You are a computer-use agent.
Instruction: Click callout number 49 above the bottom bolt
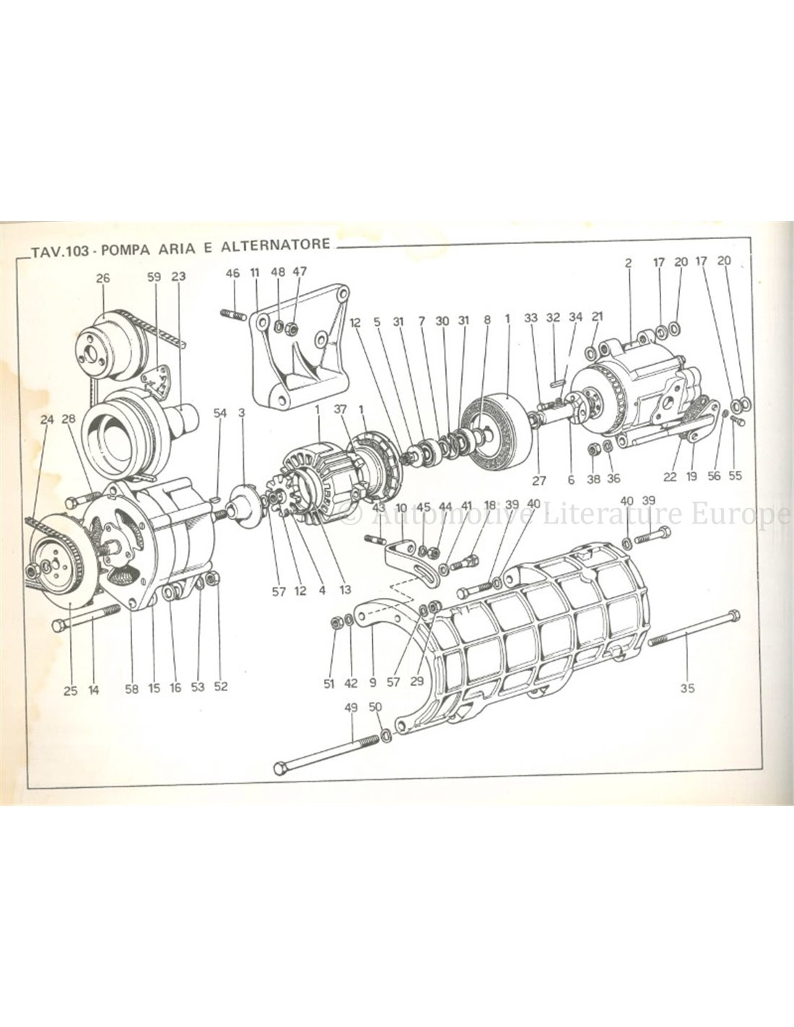pos(352,708)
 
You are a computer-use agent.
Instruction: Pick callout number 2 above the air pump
pos(628,264)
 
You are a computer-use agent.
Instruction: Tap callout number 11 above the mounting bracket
pos(254,272)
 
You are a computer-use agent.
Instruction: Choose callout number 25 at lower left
pos(70,690)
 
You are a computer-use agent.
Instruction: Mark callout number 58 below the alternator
pos(131,689)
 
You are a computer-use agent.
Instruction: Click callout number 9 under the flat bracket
pos(372,681)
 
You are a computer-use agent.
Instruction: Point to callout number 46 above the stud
pos(232,272)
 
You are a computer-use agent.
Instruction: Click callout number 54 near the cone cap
pos(220,412)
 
